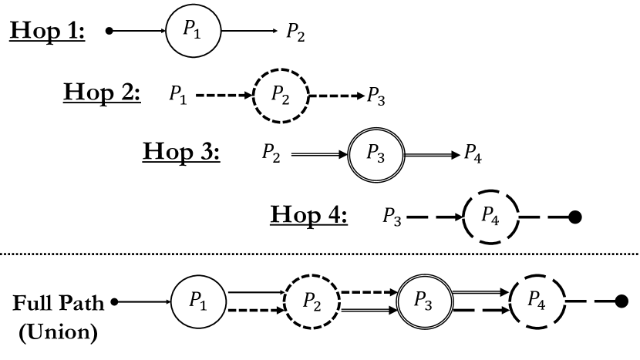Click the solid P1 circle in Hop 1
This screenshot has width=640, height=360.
click(194, 31)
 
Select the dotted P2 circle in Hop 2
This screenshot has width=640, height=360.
click(281, 96)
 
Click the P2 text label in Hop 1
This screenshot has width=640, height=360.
click(295, 32)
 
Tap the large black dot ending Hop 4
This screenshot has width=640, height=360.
click(574, 217)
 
